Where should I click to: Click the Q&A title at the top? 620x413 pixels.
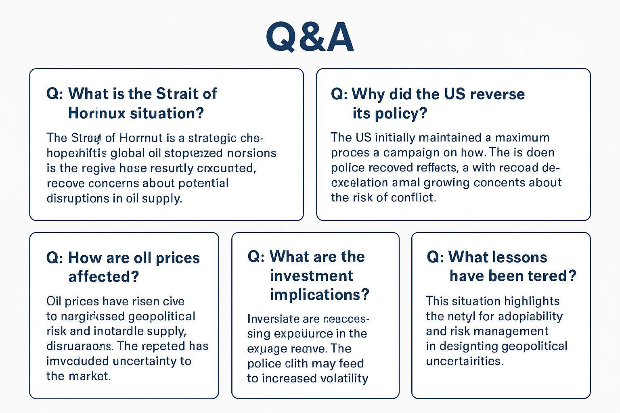tap(310, 37)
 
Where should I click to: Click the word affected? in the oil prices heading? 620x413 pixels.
tap(103, 277)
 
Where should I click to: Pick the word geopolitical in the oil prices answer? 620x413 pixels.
tap(161, 316)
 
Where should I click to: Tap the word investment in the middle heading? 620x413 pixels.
tap(312, 276)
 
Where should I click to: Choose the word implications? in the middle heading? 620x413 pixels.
tap(320, 294)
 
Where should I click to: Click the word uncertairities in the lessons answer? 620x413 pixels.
tap(464, 361)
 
